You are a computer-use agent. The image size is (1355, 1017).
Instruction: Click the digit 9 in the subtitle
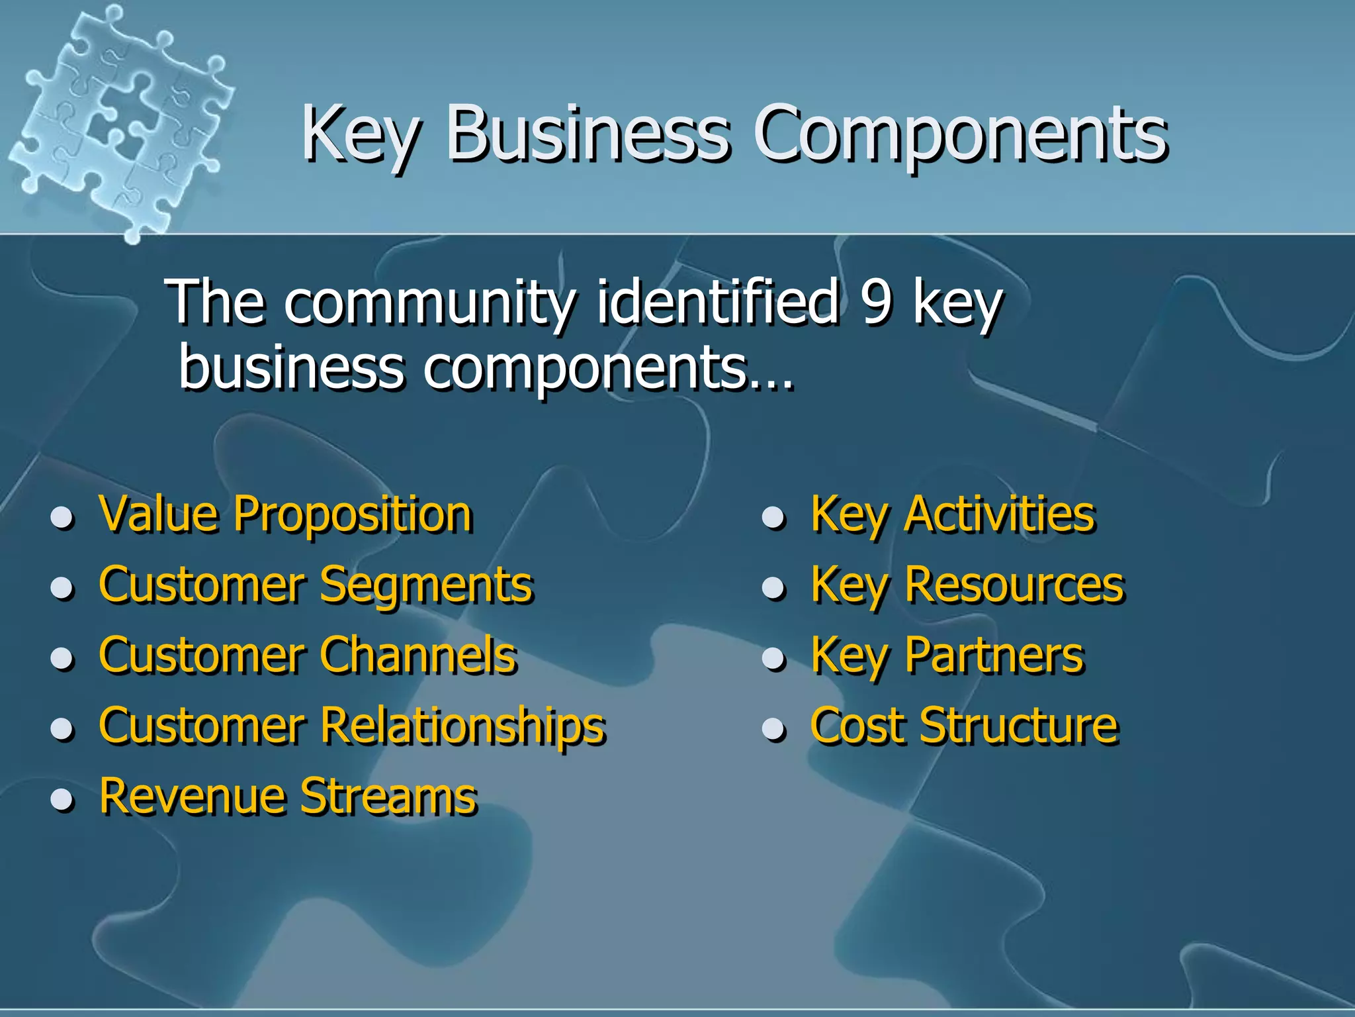[876, 303]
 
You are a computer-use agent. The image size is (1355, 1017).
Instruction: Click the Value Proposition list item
[285, 514]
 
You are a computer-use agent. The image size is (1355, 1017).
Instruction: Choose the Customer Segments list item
[316, 585]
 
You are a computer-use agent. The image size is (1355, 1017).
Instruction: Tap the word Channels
[418, 655]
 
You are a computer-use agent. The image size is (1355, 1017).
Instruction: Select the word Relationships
[463, 726]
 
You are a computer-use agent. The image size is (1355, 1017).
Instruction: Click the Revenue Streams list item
[288, 796]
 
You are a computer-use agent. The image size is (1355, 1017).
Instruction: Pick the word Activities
[1000, 514]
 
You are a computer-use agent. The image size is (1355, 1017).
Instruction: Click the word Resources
[1014, 585]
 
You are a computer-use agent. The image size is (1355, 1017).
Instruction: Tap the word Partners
[994, 655]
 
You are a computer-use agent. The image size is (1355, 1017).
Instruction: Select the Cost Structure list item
[964, 726]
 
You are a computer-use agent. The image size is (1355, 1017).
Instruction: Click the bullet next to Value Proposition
[62, 518]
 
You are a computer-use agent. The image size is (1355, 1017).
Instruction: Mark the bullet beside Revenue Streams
[62, 799]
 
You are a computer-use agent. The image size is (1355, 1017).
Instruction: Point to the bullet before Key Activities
[773, 518]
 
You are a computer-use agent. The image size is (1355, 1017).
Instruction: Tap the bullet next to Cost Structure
[773, 729]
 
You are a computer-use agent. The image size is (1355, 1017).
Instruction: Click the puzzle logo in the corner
[119, 119]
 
